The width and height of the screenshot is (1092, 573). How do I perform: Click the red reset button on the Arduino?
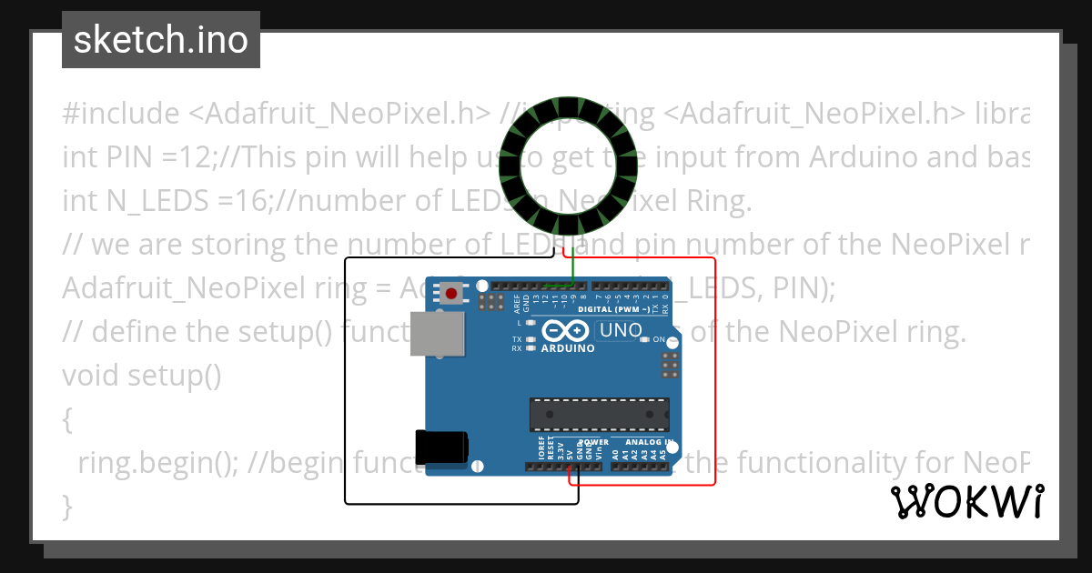(451, 293)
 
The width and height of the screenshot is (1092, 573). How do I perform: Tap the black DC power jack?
(441, 448)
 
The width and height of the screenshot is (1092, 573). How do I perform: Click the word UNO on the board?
(622, 330)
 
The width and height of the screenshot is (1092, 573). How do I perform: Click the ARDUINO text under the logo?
(568, 348)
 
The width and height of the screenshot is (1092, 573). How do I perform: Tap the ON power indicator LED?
(644, 339)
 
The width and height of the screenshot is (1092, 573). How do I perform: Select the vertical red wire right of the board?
(715, 373)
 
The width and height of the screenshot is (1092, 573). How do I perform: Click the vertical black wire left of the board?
(345, 382)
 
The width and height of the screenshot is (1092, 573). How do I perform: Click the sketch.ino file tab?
(161, 40)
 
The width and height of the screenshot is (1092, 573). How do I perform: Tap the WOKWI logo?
(967, 501)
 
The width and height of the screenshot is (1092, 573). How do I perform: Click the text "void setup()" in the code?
(142, 375)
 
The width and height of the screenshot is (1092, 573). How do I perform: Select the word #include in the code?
(121, 114)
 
